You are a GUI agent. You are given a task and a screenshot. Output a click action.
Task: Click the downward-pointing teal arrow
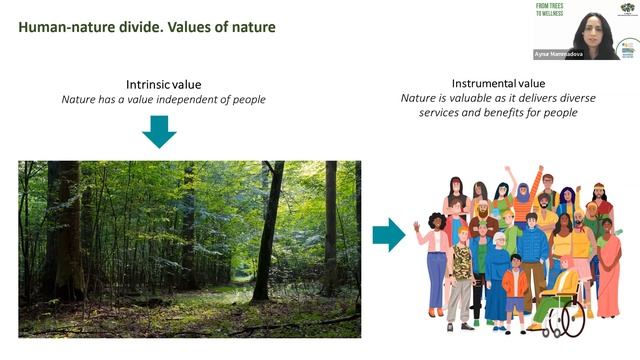(158, 131)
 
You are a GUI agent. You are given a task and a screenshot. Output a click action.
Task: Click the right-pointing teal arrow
(388, 235)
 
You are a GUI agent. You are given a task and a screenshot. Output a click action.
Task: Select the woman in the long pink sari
(608, 270)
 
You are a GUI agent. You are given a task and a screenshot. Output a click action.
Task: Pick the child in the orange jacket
(515, 290)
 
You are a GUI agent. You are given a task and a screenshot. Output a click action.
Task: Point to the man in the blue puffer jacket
(532, 250)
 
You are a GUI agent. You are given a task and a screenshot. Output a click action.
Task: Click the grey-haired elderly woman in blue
(497, 275)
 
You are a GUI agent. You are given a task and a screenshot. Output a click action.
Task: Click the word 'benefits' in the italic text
(512, 112)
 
